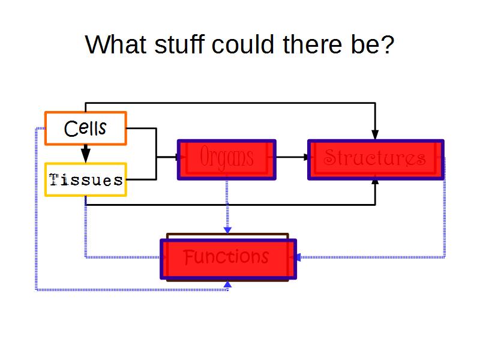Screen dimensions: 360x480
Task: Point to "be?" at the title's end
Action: [371, 45]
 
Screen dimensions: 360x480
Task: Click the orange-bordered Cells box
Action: [85, 128]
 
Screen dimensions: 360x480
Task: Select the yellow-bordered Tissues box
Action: [85, 179]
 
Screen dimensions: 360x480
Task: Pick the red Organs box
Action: [227, 160]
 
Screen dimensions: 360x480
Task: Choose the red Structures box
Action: [376, 160]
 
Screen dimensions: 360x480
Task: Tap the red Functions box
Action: [228, 259]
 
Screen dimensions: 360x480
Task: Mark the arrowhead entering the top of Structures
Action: [376, 134]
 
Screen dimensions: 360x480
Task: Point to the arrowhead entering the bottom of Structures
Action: [376, 181]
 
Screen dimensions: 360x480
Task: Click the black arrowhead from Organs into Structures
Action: [307, 157]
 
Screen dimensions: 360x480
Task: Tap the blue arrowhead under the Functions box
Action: [227, 284]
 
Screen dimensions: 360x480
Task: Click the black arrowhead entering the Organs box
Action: [176, 157]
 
